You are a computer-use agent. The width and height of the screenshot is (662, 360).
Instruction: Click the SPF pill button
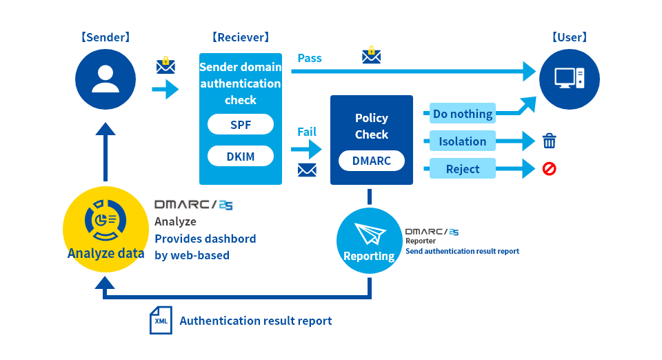(x=241, y=125)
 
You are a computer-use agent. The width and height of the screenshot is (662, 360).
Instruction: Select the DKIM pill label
(x=241, y=156)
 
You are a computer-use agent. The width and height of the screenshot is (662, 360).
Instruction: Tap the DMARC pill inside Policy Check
(x=372, y=161)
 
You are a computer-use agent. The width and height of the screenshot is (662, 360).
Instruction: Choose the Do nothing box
(x=463, y=114)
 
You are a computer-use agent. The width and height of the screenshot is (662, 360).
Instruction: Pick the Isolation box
(x=463, y=141)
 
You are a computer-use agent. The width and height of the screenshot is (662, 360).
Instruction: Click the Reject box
(x=463, y=168)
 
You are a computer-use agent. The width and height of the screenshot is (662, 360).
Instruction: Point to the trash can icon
(x=550, y=141)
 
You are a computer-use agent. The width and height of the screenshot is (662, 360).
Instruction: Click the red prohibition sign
(x=550, y=169)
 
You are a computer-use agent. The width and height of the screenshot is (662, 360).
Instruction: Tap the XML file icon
(x=161, y=320)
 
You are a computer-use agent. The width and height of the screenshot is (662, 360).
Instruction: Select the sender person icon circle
(x=106, y=79)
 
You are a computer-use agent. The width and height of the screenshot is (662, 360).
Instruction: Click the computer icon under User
(x=570, y=79)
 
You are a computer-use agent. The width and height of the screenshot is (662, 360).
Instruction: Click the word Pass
(x=310, y=58)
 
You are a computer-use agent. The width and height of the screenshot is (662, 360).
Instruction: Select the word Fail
(x=307, y=132)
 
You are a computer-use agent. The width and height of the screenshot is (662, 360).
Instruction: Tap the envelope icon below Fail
(x=307, y=170)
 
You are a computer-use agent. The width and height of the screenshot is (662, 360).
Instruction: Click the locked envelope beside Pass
(x=372, y=55)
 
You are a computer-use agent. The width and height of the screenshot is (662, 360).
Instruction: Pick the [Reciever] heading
(x=241, y=37)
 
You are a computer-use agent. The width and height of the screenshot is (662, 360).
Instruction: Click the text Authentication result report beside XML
(x=256, y=321)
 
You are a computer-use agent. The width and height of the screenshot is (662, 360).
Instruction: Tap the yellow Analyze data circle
(x=106, y=229)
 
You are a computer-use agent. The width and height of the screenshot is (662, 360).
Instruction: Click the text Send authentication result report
(x=462, y=251)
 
